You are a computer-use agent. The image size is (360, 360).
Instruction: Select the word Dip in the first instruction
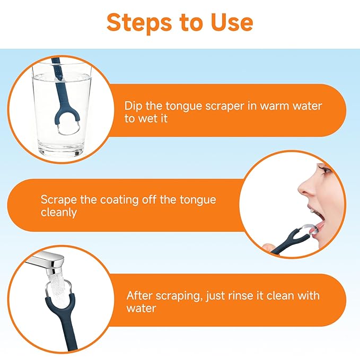click(133, 106)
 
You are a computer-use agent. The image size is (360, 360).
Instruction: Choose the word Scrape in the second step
click(59, 200)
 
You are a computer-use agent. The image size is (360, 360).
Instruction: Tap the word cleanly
click(59, 213)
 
